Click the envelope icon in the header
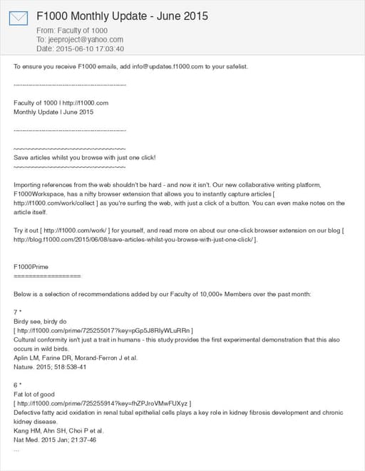pyautogui.click(x=19, y=18)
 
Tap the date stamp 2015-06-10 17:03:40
pyautogui.click(x=91, y=49)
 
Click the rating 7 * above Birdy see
pyautogui.click(x=19, y=312)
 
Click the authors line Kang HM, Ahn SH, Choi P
pyautogui.click(x=58, y=430)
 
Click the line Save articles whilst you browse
pyautogui.click(x=84, y=157)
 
